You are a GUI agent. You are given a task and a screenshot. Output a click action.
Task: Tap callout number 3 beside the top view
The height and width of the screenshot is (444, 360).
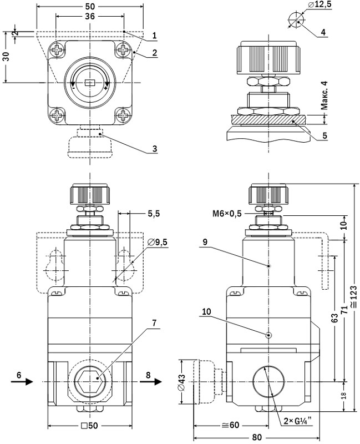pos(155,149)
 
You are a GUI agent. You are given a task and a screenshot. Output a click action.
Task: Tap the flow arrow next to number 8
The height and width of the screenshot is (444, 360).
pos(155,381)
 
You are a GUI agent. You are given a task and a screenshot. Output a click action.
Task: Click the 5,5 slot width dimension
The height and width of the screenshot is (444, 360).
pos(154,213)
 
